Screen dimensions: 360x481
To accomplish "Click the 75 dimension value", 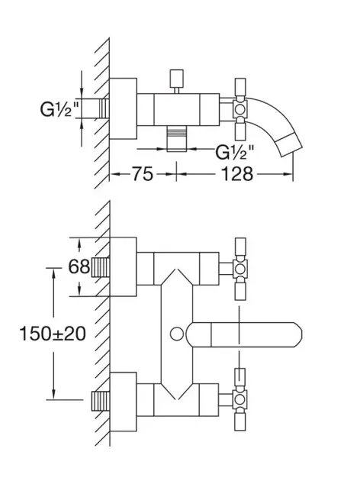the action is click(143, 174).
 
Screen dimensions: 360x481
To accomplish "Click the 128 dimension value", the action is click(237, 174).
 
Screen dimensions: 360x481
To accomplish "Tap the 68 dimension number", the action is click(79, 266).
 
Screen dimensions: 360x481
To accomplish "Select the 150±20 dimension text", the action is click(53, 334).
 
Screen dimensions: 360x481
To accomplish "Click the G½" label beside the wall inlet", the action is click(59, 109).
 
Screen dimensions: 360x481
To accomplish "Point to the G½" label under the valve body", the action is click(235, 152).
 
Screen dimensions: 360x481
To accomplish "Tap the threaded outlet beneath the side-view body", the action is click(176, 139).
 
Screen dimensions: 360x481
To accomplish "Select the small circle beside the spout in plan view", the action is click(177, 334).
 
